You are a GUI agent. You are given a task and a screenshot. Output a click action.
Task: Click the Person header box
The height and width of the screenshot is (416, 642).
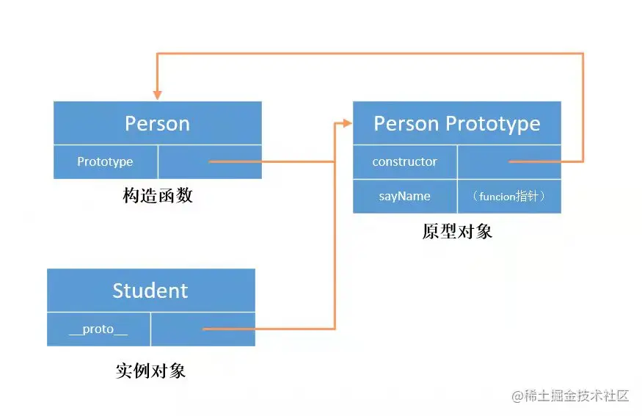pyautogui.click(x=157, y=123)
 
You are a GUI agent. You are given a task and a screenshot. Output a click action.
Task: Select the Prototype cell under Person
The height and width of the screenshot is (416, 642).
pyautogui.click(x=105, y=161)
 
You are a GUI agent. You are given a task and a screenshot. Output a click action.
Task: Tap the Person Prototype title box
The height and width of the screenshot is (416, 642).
pyautogui.click(x=456, y=123)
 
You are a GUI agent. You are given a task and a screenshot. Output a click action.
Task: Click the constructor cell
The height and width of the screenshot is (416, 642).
pyautogui.click(x=404, y=161)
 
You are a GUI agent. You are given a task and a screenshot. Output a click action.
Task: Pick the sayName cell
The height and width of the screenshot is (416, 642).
pyautogui.click(x=404, y=196)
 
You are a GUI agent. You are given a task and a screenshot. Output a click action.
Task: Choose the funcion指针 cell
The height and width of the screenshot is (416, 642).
pyautogui.click(x=509, y=196)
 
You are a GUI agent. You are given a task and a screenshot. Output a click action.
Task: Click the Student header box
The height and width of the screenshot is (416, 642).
pyautogui.click(x=150, y=291)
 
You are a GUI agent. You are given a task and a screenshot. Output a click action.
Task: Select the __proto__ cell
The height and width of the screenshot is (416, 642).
pyautogui.click(x=98, y=329)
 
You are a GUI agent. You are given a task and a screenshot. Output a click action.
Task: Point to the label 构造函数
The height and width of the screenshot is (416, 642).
pyautogui.click(x=157, y=196)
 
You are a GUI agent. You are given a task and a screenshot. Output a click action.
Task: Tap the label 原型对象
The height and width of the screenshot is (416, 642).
pyautogui.click(x=456, y=232)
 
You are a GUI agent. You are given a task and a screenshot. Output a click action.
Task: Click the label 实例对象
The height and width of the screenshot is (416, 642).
pyautogui.click(x=150, y=371)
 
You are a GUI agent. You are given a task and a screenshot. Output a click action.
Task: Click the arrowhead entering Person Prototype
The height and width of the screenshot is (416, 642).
pyautogui.click(x=348, y=123)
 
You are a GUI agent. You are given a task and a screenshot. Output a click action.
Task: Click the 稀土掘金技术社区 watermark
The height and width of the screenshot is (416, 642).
pyautogui.click(x=570, y=395)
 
